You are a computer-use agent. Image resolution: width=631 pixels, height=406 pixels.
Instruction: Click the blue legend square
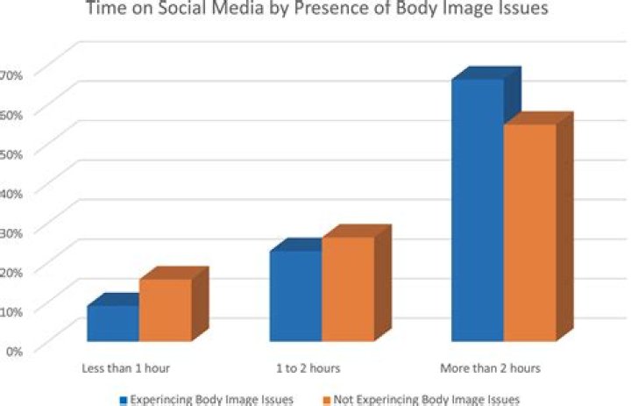point(123,400)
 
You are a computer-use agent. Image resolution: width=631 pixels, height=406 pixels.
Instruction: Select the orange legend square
point(326,400)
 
